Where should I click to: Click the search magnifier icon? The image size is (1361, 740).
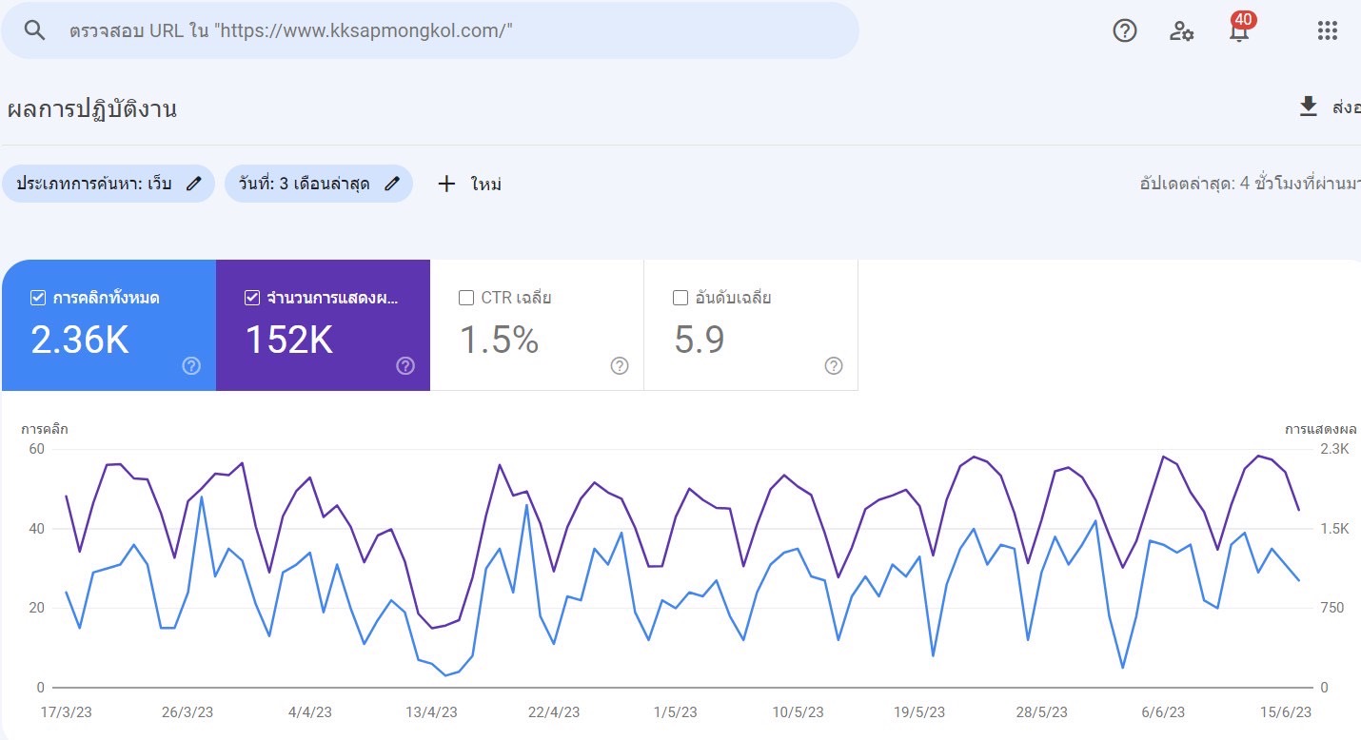click(x=35, y=30)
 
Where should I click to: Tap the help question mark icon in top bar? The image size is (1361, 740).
click(x=1125, y=30)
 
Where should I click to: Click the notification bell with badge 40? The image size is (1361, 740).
click(x=1239, y=31)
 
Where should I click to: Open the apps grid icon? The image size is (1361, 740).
click(x=1328, y=30)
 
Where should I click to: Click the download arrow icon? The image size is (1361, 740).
click(x=1309, y=107)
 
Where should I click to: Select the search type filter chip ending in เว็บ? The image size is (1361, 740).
click(x=108, y=184)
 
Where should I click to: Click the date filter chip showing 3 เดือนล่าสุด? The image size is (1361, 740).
click(x=318, y=184)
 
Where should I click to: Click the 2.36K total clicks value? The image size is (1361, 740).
click(x=80, y=340)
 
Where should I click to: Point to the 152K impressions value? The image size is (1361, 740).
click(x=289, y=340)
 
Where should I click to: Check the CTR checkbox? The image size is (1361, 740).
click(x=466, y=298)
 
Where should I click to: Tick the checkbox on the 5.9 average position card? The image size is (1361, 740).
click(x=680, y=298)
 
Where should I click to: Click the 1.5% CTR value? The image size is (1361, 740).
click(x=500, y=340)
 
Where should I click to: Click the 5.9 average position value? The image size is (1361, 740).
click(x=700, y=340)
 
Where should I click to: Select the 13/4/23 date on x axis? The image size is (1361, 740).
click(x=431, y=711)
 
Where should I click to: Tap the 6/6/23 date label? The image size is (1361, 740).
click(x=1162, y=711)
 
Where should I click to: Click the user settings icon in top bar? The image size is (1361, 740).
click(x=1181, y=31)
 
